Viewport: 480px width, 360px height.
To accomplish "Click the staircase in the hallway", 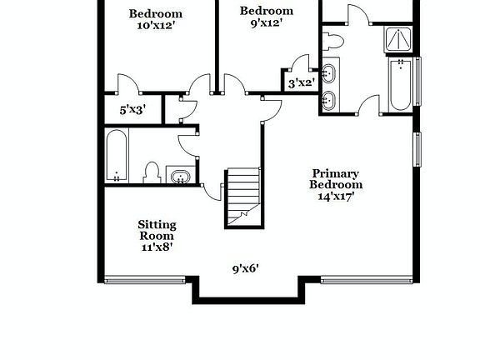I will (242, 197).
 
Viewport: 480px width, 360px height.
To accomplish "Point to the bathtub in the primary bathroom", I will (398, 83).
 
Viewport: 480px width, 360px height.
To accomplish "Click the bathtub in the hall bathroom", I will (117, 155).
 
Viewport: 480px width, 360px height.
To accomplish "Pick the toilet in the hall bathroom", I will (152, 172).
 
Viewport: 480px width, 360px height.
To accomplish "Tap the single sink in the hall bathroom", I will (179, 176).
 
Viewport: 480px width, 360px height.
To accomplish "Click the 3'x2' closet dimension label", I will (301, 83).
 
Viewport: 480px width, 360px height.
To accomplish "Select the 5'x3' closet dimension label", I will (133, 109).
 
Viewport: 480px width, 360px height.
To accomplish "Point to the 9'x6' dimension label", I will (246, 268).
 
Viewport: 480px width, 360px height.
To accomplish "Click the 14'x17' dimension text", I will (337, 197).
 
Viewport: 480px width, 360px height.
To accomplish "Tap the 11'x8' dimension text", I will (157, 247).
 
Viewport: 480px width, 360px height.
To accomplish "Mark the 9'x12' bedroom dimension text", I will (267, 23).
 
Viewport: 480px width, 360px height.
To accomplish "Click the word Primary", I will (337, 173).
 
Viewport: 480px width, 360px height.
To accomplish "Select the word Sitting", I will (157, 225).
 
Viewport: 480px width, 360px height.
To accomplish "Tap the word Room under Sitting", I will (157, 236).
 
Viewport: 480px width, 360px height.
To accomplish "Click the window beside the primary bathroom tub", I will (418, 81).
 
